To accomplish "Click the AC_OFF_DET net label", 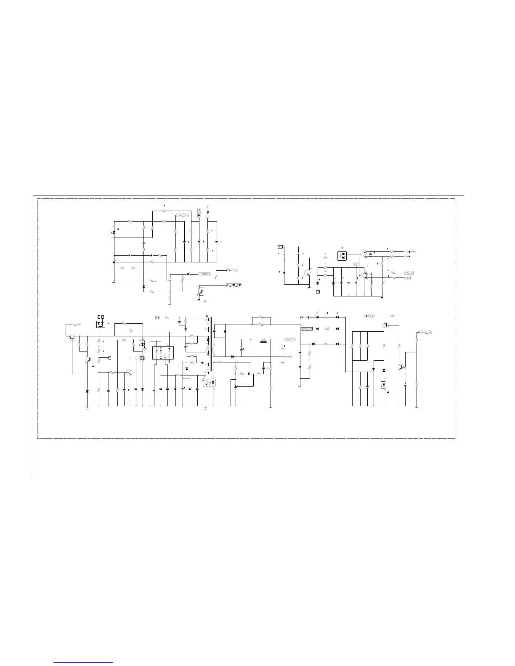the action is [234, 285].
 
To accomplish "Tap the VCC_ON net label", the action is [74, 325].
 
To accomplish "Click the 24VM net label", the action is [407, 256].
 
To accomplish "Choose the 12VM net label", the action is [407, 278].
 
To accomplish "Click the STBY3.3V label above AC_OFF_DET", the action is [232, 270].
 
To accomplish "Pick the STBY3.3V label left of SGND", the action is [289, 339].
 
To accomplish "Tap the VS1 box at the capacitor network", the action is [356, 264].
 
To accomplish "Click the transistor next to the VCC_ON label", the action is [72, 337].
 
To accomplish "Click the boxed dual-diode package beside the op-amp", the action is [345, 256].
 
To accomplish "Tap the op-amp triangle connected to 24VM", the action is [362, 254].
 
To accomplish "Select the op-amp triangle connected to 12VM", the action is [362, 275].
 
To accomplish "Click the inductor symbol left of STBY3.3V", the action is [264, 341].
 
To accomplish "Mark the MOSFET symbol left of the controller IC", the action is [142, 358].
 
